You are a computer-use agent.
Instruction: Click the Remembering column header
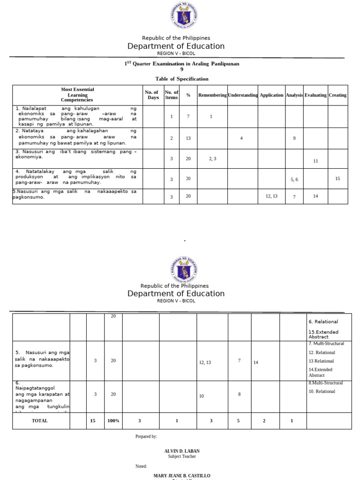[x=212, y=95]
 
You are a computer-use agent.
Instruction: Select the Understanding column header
[x=243, y=95]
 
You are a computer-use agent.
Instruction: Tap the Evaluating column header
[x=315, y=95]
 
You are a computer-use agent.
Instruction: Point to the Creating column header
[x=337, y=95]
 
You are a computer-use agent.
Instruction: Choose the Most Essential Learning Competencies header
[x=77, y=95]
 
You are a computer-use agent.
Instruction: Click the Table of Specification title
[x=182, y=79]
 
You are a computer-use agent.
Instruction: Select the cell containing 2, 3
[x=212, y=159]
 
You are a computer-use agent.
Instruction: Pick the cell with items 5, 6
[x=294, y=180]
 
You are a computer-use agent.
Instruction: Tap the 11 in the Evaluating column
[x=315, y=161]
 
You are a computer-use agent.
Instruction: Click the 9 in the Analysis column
[x=294, y=138]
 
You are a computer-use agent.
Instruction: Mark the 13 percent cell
[x=188, y=138]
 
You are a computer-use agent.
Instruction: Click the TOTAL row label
[x=40, y=421]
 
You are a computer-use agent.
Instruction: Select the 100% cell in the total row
[x=113, y=421]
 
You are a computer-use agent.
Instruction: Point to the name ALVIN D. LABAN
[x=182, y=451]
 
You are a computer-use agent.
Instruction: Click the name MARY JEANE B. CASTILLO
[x=182, y=476]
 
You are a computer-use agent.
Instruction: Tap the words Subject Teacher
[x=182, y=457]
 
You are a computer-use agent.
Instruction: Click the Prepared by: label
[x=146, y=436]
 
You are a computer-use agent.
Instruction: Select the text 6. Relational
[x=323, y=322]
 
